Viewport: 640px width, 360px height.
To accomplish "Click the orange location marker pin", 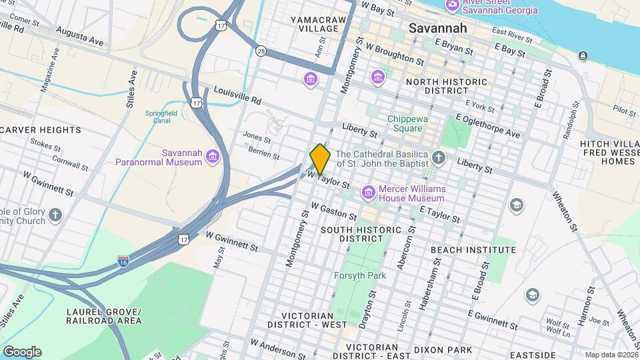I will [x=320, y=159].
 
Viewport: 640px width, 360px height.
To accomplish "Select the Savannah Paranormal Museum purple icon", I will [x=213, y=157].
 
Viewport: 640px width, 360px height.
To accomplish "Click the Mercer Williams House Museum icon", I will [x=368, y=193].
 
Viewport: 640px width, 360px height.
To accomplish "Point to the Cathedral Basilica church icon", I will [x=439, y=157].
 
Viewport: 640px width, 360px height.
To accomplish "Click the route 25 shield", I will [x=261, y=51].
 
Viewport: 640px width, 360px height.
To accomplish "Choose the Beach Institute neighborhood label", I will [x=473, y=250].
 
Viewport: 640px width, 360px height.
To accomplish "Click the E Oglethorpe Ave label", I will [x=487, y=125].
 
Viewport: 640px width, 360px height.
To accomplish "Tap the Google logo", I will [x=22, y=351].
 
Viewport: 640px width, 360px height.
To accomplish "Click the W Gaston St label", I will [x=334, y=212].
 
